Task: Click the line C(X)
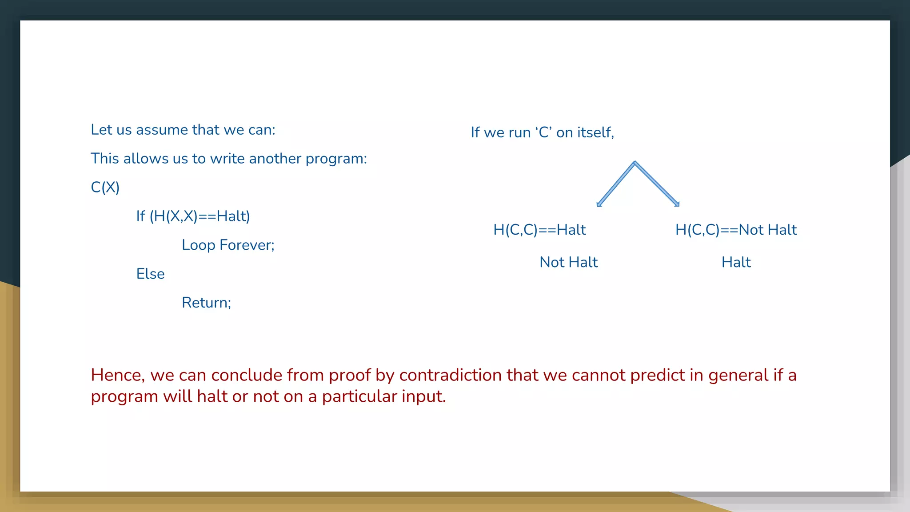click(x=105, y=187)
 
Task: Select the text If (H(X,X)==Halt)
click(x=193, y=216)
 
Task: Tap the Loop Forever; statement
click(x=228, y=245)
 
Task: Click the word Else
click(x=150, y=274)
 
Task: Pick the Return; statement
click(x=206, y=303)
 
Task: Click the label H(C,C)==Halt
click(x=539, y=230)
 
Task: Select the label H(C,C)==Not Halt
click(x=736, y=230)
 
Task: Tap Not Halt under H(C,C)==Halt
click(x=568, y=262)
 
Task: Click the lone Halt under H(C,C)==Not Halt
click(x=736, y=262)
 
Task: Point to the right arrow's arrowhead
click(x=677, y=204)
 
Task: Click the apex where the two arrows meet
click(x=635, y=164)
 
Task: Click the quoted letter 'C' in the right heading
click(x=544, y=132)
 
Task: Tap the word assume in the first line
click(x=162, y=130)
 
